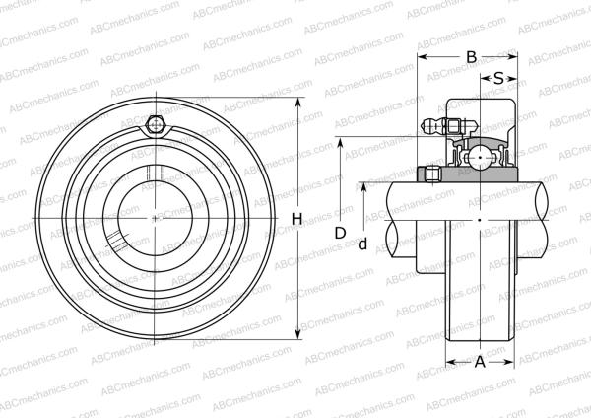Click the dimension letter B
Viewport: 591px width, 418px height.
pyautogui.click(x=471, y=57)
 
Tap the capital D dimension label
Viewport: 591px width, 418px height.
pyautogui.click(x=340, y=233)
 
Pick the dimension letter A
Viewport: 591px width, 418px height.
pyautogui.click(x=481, y=362)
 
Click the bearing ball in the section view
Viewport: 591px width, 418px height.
pyautogui.click(x=480, y=155)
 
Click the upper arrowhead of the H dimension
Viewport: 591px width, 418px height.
pyautogui.click(x=296, y=104)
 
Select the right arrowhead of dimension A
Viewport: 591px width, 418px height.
pyautogui.click(x=513, y=362)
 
